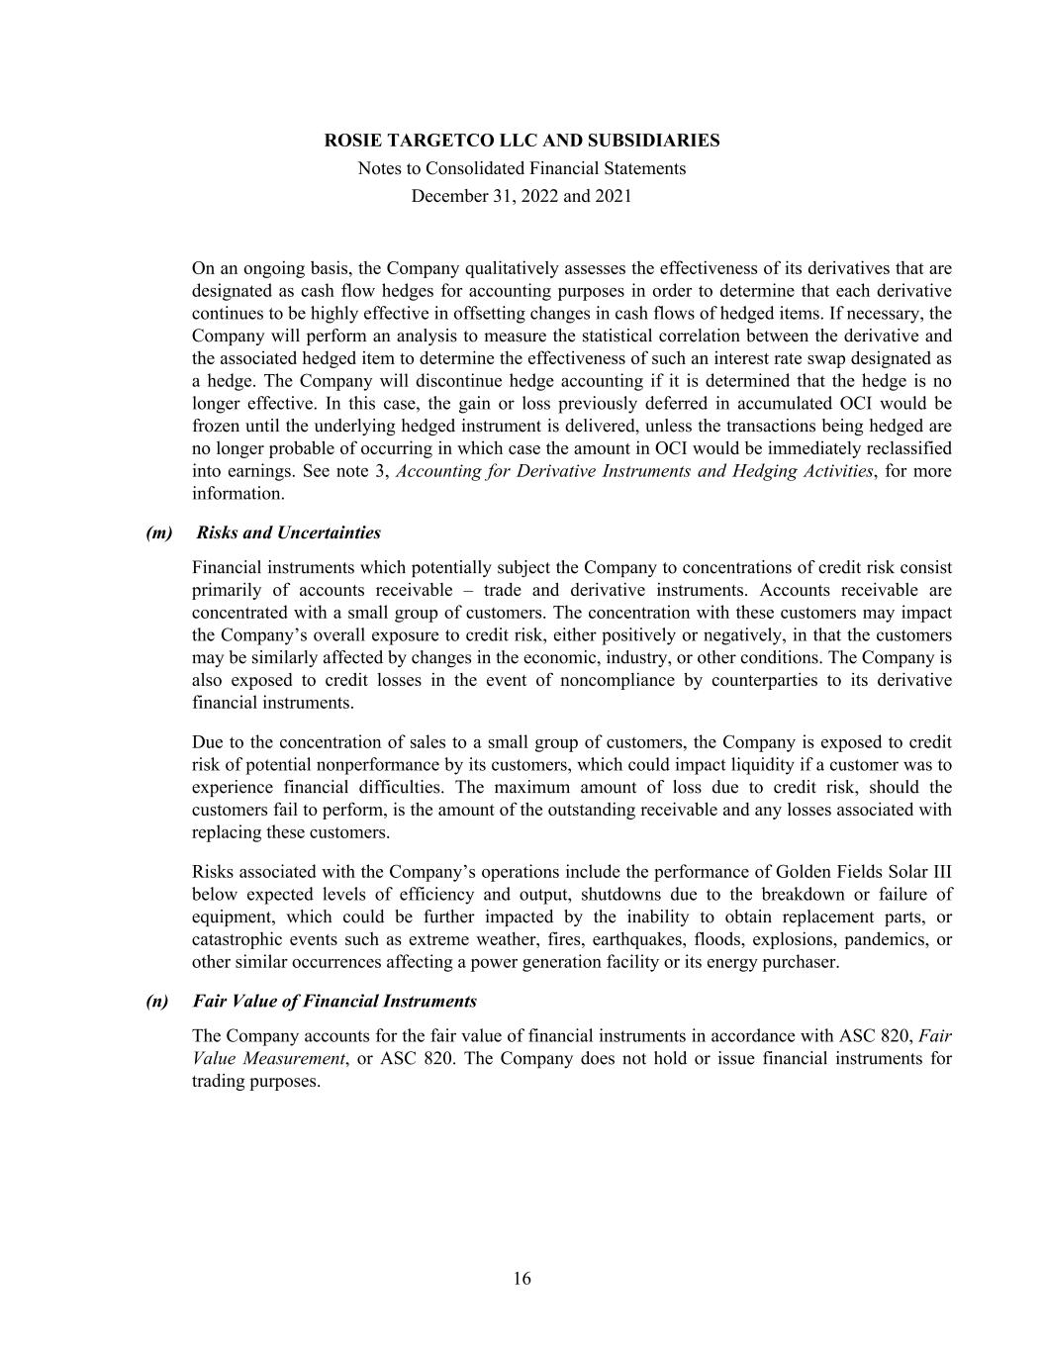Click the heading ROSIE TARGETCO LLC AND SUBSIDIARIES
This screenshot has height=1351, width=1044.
pyautogui.click(x=522, y=141)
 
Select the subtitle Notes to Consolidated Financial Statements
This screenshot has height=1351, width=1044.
pyautogui.click(x=522, y=168)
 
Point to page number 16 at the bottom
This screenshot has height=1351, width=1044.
pyautogui.click(x=522, y=1279)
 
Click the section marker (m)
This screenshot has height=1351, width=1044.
pyautogui.click(x=158, y=532)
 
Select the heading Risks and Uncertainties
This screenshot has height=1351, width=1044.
pyautogui.click(x=288, y=532)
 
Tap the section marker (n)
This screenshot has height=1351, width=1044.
pyautogui.click(x=157, y=1001)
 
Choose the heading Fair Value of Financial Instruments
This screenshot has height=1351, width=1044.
pyautogui.click(x=334, y=1001)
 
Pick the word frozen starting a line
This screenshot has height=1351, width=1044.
pyautogui.click(x=216, y=426)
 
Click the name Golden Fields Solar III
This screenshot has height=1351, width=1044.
pyautogui.click(x=864, y=872)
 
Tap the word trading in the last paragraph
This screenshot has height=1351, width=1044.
pyautogui.click(x=219, y=1081)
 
